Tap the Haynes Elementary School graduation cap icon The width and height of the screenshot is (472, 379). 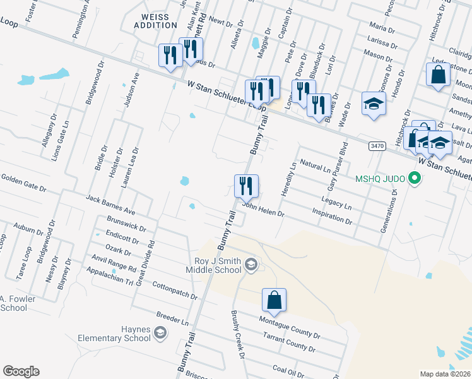point(160,333)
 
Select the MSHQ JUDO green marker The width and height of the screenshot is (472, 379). point(415,178)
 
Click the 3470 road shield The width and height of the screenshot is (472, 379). point(377,146)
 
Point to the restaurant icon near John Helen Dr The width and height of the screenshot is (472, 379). point(246,186)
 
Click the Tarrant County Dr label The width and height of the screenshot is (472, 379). point(290,344)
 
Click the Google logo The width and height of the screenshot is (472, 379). point(21,371)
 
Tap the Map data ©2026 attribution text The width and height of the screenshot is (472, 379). point(444,374)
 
